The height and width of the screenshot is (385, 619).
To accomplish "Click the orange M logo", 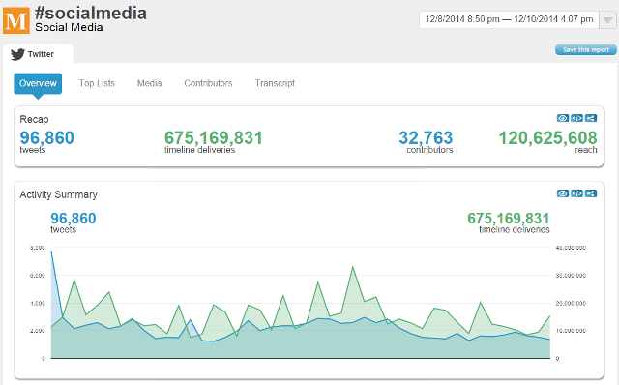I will pyautogui.click(x=15, y=18).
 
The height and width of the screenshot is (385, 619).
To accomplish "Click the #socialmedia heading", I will pyautogui.click(x=91, y=12).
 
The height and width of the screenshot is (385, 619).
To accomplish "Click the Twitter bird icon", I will pyautogui.click(x=17, y=55).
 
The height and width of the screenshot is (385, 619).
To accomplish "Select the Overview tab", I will pyautogui.click(x=38, y=83).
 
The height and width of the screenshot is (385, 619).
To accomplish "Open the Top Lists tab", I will pyautogui.click(x=97, y=83).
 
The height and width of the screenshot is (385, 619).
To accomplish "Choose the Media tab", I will pyautogui.click(x=149, y=83).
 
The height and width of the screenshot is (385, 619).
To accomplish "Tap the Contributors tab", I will pyautogui.click(x=208, y=83).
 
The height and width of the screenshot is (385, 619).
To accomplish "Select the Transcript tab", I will pyautogui.click(x=275, y=83).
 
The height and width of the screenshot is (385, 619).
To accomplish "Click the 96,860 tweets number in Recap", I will pyautogui.click(x=46, y=138).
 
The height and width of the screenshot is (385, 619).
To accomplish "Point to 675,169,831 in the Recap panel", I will pyautogui.click(x=214, y=138).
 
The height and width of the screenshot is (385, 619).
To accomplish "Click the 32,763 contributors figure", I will pyautogui.click(x=427, y=138).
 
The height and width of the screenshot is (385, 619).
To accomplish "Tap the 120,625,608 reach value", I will pyautogui.click(x=547, y=138).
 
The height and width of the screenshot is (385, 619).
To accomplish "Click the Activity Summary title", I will pyautogui.click(x=58, y=194).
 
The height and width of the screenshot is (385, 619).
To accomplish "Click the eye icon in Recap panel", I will pyautogui.click(x=563, y=118).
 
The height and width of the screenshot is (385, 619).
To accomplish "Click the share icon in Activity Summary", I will pyautogui.click(x=591, y=193).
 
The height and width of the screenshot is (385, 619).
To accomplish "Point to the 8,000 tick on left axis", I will pyautogui.click(x=38, y=248).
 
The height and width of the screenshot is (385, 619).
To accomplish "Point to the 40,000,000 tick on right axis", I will pyautogui.click(x=576, y=248).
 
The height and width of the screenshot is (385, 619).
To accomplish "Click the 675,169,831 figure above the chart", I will pyautogui.click(x=508, y=219).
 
